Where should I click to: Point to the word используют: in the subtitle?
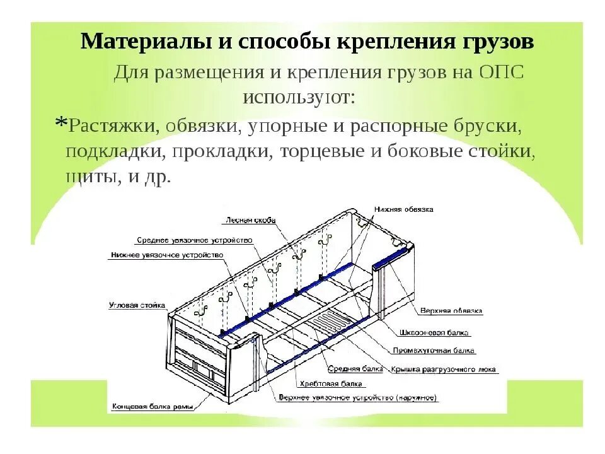tap(299, 98)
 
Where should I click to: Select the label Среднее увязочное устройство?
tap(194, 240)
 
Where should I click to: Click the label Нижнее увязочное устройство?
tap(166, 255)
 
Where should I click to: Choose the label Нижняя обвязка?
tap(403, 209)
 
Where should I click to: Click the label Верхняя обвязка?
tap(451, 311)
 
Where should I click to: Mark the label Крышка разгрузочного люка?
tap(443, 370)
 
